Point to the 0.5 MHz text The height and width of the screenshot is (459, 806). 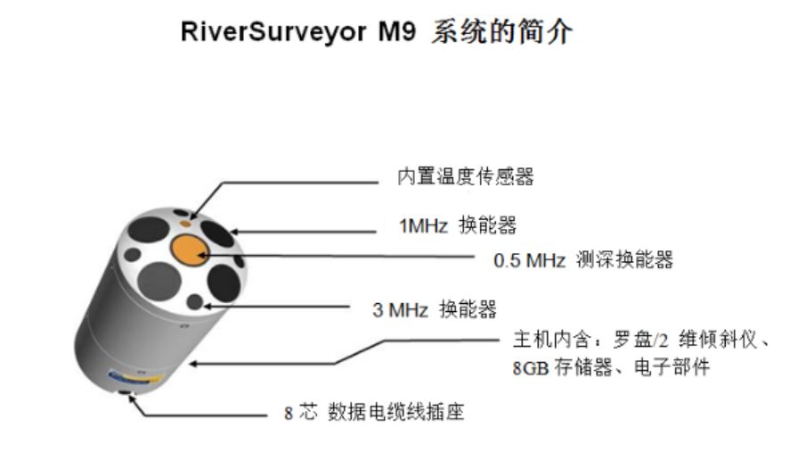(x=530, y=260)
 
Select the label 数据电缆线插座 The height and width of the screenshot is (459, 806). (x=396, y=413)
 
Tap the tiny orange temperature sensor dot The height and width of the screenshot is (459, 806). (x=185, y=214)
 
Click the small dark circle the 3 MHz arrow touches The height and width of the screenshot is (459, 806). (x=193, y=303)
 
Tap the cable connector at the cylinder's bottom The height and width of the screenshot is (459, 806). (x=126, y=393)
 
